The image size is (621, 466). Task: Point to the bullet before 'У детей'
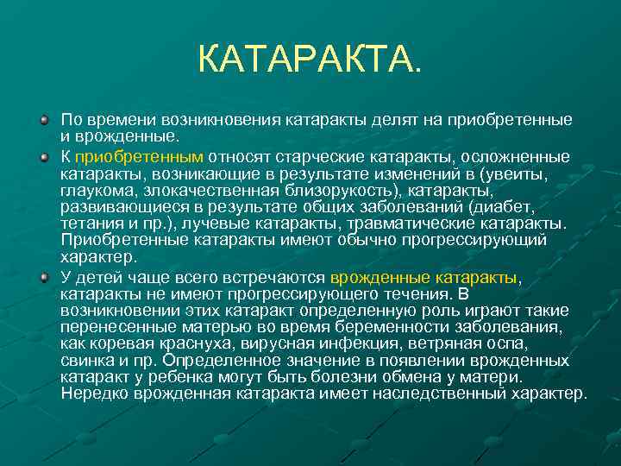coord(45,277)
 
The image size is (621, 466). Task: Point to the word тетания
coord(92,224)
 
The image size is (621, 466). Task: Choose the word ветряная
coord(475,344)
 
